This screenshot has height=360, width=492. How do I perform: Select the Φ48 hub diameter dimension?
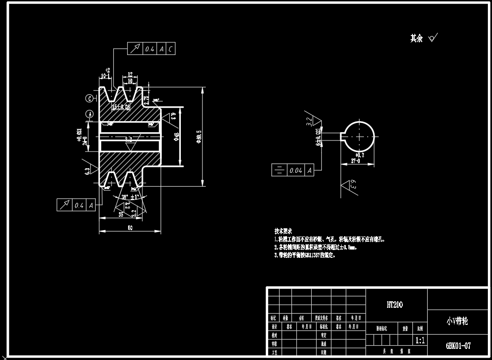click(176, 136)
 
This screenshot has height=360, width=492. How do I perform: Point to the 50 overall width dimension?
click(130, 227)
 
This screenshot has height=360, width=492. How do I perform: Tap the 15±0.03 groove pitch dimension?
click(121, 107)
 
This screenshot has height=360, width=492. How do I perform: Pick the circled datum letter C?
click(89, 98)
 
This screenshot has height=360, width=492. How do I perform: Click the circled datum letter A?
click(89, 114)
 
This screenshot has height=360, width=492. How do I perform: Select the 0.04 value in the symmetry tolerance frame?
click(296, 171)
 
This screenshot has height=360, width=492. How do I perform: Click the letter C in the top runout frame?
click(171, 49)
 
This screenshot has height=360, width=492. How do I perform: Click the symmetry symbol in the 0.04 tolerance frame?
click(279, 171)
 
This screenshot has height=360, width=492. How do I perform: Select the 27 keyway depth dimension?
click(356, 161)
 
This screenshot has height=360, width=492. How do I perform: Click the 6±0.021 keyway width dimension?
click(318, 138)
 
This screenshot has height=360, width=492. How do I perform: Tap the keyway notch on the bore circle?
click(344, 136)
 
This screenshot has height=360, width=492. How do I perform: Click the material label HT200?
click(394, 305)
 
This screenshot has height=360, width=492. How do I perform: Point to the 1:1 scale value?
click(420, 341)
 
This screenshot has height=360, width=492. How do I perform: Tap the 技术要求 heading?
click(283, 231)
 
